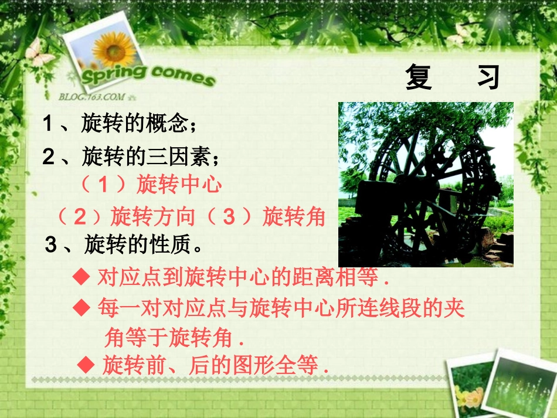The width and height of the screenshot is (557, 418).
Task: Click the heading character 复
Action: point(419,77)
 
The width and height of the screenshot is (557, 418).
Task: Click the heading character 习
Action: point(488,77)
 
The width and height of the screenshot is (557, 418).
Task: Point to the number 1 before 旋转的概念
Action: point(48,124)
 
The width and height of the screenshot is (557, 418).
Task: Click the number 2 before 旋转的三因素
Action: point(48,157)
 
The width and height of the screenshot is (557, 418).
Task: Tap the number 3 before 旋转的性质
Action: point(51,244)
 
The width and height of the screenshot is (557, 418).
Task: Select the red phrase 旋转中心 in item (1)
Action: point(179,185)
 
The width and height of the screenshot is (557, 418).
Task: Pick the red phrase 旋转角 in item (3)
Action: point(294,217)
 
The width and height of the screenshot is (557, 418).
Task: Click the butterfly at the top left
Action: point(39,53)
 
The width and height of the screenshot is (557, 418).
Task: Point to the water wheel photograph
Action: point(426,185)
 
